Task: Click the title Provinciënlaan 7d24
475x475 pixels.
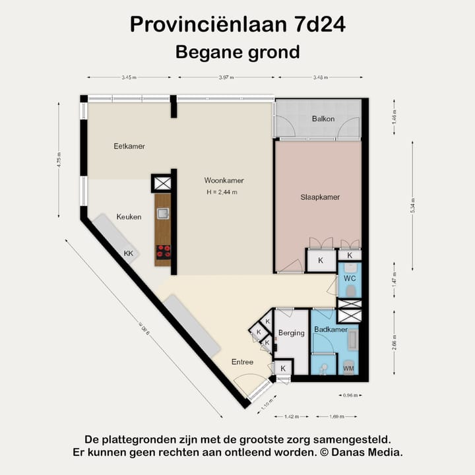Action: (x=237, y=24)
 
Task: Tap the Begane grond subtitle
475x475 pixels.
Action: (x=237, y=51)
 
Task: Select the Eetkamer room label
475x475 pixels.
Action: (x=129, y=146)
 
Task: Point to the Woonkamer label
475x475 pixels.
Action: (x=224, y=180)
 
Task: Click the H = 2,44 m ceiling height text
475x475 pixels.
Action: (x=221, y=192)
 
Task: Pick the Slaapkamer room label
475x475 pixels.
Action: (x=320, y=197)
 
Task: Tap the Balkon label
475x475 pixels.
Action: (x=323, y=119)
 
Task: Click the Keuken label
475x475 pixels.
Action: (x=129, y=216)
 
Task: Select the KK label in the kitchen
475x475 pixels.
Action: (x=128, y=253)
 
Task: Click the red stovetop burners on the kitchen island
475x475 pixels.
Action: (x=163, y=251)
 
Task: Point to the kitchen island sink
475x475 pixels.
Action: (x=163, y=213)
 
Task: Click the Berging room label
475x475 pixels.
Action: (x=291, y=332)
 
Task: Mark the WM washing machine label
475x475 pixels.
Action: (x=348, y=367)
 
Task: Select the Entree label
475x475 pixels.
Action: (x=242, y=362)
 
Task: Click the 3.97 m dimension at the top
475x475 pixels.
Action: (x=227, y=78)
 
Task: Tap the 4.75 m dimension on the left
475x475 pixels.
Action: (x=59, y=160)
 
